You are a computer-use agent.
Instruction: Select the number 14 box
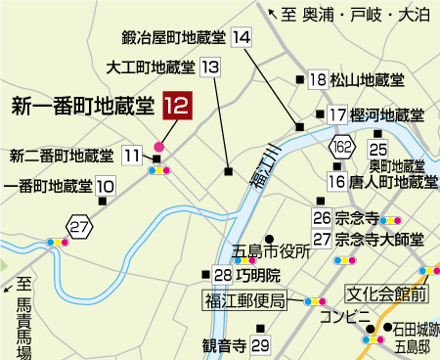(242, 38)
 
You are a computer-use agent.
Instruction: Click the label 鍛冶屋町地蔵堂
(174, 38)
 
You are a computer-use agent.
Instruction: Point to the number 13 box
(210, 67)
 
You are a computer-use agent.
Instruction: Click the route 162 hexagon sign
(341, 147)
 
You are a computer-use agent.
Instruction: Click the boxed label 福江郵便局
(245, 299)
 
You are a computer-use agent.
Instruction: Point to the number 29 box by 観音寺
(259, 345)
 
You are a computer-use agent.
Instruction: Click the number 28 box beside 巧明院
(223, 275)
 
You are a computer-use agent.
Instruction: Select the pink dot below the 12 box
(158, 147)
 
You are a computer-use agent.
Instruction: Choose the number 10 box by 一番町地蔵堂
(106, 185)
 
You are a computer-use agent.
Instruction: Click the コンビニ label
(349, 315)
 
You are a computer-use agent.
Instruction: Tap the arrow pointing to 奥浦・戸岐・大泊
(273, 13)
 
